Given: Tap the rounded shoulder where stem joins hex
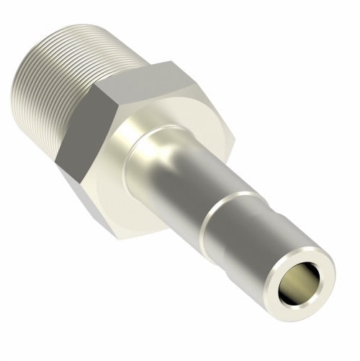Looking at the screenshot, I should point(137,144).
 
